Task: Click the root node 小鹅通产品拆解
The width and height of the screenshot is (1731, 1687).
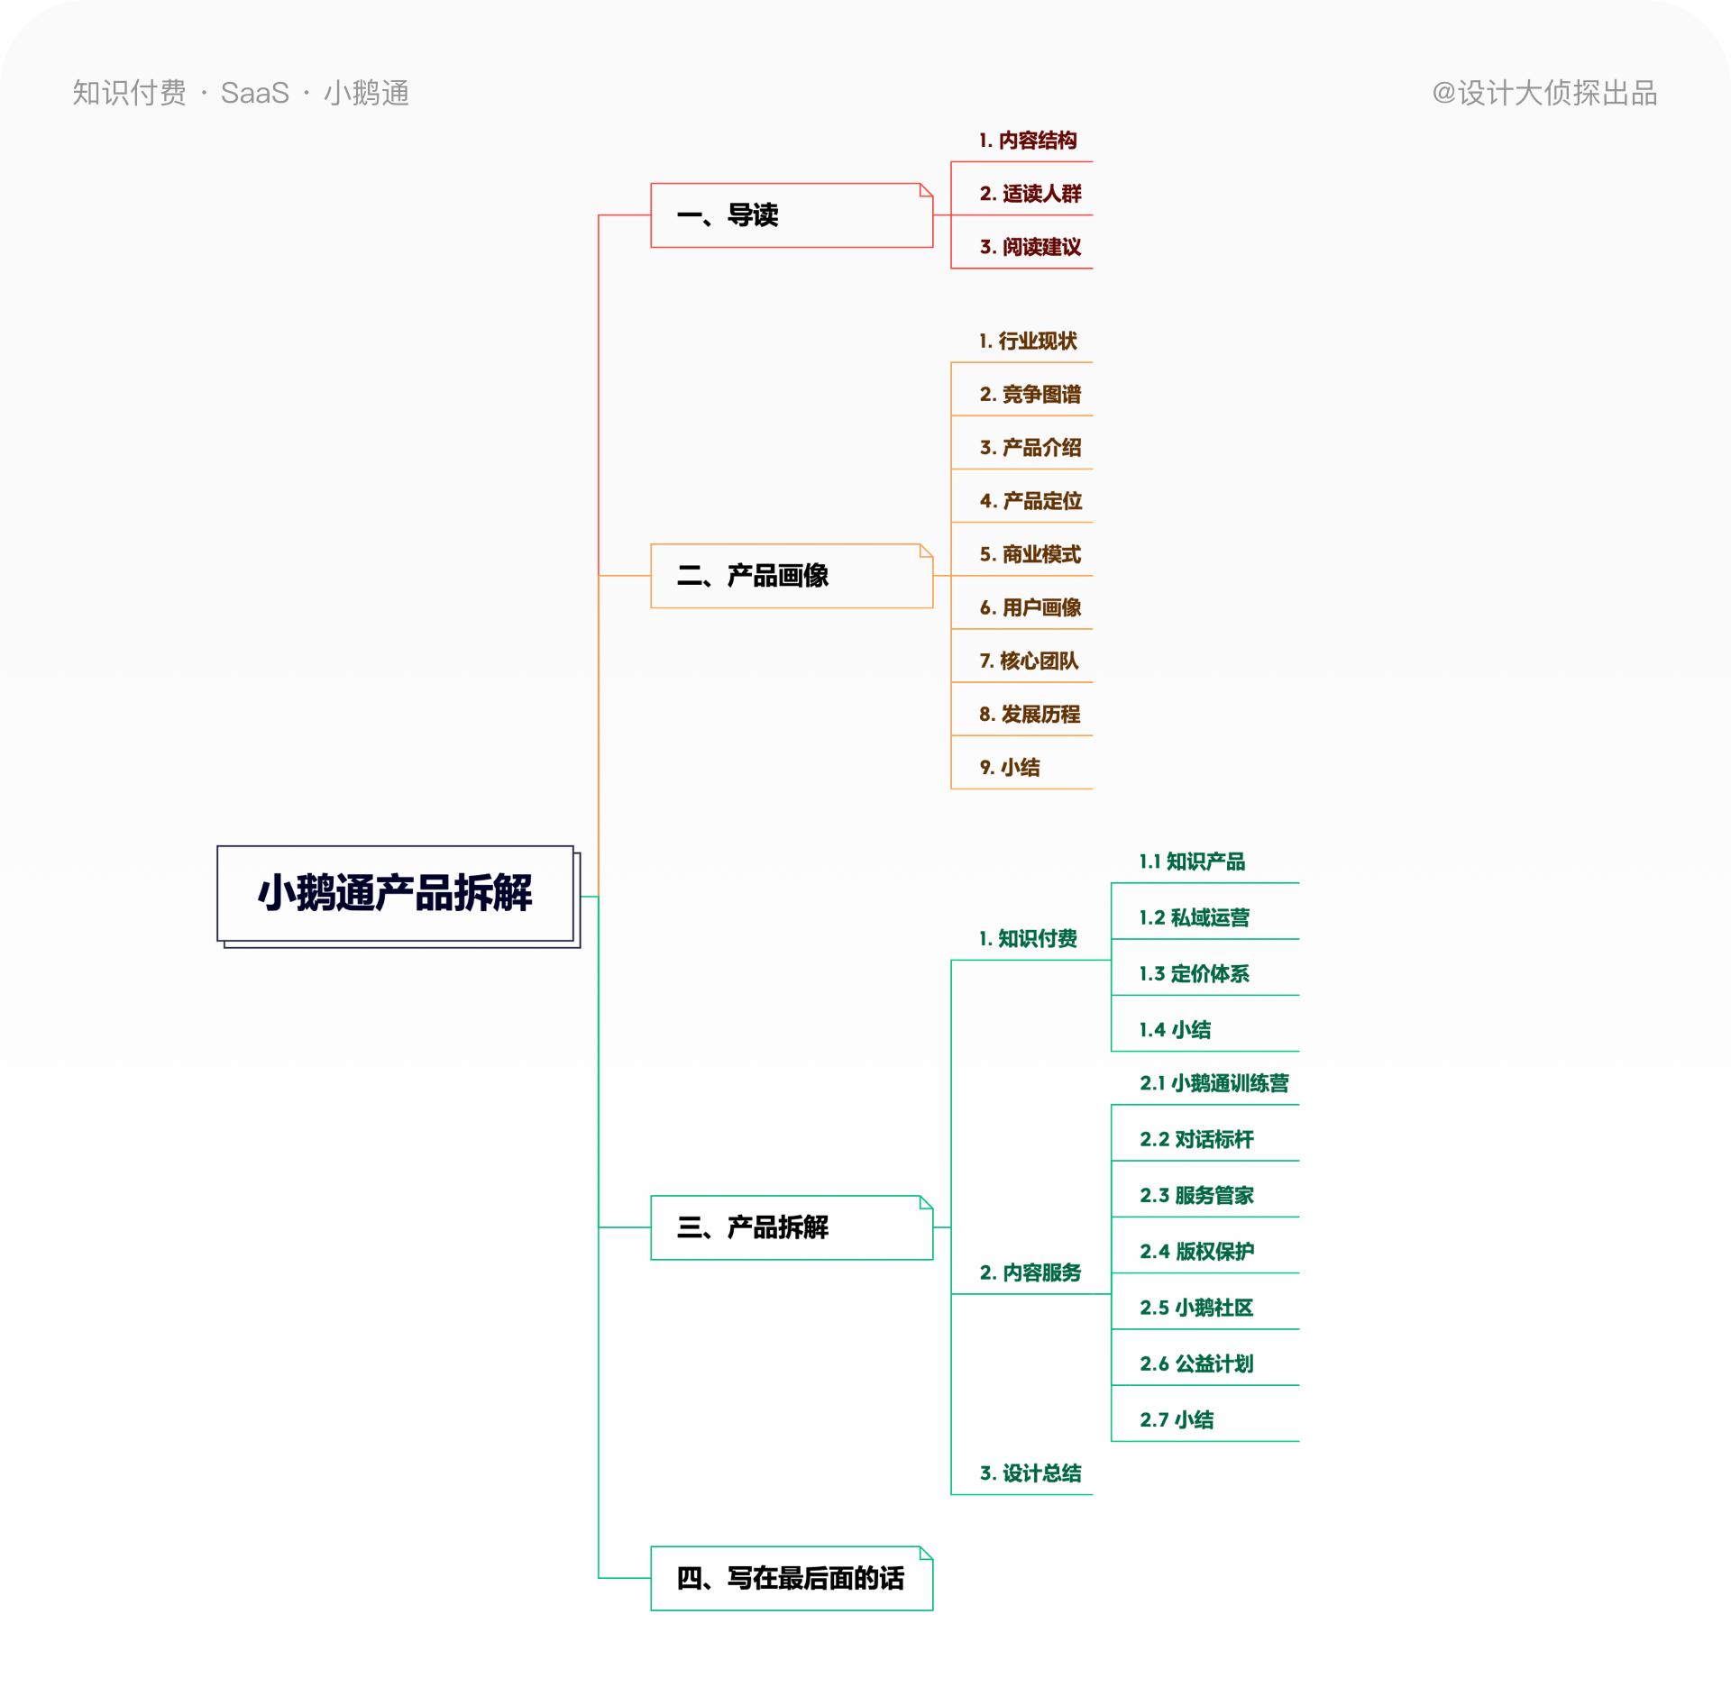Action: click(x=395, y=893)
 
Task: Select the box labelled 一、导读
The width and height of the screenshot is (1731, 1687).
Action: click(x=791, y=215)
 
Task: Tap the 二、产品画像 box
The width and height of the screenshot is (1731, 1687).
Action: click(x=791, y=576)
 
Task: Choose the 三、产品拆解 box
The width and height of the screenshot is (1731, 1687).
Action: click(x=791, y=1227)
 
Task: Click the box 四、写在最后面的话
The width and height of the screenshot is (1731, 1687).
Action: click(x=791, y=1578)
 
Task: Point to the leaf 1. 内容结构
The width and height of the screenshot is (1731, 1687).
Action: click(x=1028, y=141)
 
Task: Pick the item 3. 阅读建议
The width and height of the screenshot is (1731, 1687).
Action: click(x=1030, y=247)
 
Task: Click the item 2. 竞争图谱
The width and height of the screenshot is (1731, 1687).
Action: click(x=1030, y=395)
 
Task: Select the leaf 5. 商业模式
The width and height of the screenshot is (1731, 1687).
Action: click(x=1030, y=554)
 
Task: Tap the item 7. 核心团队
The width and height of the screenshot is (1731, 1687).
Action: click(x=1029, y=661)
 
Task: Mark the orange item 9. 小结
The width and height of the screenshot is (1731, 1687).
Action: click(x=1010, y=767)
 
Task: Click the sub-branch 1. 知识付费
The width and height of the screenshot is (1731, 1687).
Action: click(x=1028, y=939)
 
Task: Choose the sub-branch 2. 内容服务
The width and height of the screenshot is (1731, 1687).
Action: click(x=1030, y=1272)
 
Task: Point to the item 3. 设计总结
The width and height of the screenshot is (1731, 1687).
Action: click(x=1030, y=1473)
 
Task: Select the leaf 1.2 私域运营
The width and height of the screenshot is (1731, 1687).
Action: click(x=1194, y=917)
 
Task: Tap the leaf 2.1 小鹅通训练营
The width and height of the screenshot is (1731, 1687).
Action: click(x=1214, y=1083)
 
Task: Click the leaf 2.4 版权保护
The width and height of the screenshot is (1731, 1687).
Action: click(x=1196, y=1251)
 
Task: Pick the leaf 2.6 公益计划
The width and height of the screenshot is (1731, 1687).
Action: click(x=1196, y=1363)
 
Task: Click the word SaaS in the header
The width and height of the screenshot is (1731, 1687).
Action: click(x=254, y=93)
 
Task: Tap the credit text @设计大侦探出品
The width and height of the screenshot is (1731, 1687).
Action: click(x=1544, y=93)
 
